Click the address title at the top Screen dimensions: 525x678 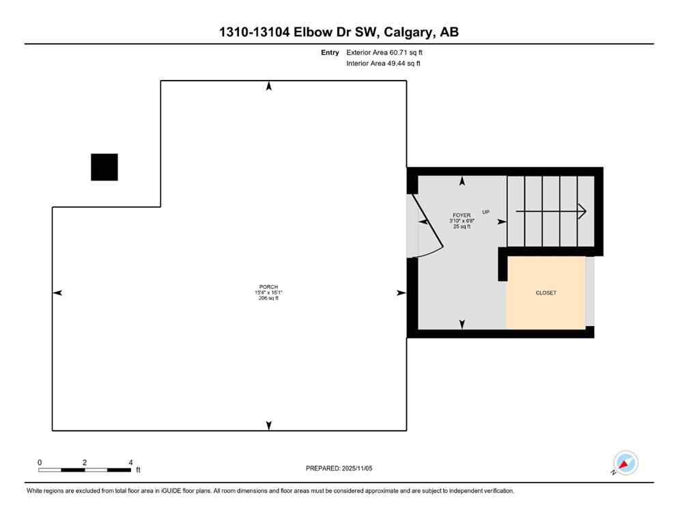coord(339,32)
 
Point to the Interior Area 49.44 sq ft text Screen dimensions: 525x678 coord(384,64)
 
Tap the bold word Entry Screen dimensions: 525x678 coord(330,52)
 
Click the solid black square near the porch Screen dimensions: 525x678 coord(104,167)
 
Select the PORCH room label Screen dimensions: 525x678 coord(268,286)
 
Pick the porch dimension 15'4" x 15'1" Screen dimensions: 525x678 coord(268,293)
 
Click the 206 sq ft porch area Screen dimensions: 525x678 coord(268,299)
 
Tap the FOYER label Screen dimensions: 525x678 coord(462,215)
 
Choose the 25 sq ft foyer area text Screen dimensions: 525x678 coord(462,227)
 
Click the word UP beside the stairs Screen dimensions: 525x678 coord(486,212)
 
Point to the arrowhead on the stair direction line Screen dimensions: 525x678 coord(582,211)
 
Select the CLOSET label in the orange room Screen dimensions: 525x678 coord(546,293)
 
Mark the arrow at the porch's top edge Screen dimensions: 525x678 coord(269,86)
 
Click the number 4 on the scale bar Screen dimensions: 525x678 coord(130,462)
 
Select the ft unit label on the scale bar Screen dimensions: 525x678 coord(138,470)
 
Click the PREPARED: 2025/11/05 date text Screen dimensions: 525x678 coord(339,468)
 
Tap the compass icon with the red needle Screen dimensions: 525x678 coord(625,463)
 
